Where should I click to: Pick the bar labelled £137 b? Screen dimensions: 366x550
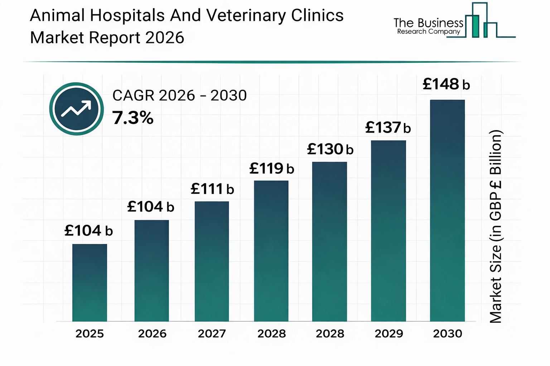click(x=388, y=231)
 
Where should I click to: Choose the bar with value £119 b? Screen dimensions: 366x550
click(x=271, y=251)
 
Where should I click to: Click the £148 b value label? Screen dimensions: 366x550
click(x=446, y=85)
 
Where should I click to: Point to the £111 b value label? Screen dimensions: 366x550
click(x=212, y=189)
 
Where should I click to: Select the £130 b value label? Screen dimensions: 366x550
click(x=330, y=149)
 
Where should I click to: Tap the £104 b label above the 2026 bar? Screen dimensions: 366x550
click(x=150, y=207)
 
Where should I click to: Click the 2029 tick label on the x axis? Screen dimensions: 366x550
click(x=389, y=334)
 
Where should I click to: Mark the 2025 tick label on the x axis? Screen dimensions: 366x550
click(x=90, y=334)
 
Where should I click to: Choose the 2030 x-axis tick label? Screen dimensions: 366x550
click(x=447, y=334)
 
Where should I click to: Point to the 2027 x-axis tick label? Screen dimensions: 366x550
click(x=212, y=334)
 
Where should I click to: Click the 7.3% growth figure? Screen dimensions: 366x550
click(x=133, y=118)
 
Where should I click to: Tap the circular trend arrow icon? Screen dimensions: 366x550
click(x=76, y=109)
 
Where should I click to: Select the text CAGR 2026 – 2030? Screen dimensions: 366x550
click(x=179, y=95)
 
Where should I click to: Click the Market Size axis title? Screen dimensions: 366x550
click(x=496, y=227)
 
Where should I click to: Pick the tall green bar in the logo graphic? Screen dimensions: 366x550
click(x=475, y=26)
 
